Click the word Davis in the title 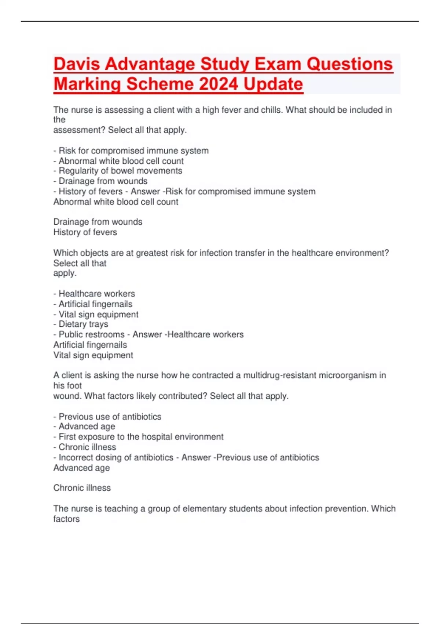point(77,64)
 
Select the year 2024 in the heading point(219,84)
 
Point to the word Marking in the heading point(87,84)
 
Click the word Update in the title point(273,84)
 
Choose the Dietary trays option point(83,324)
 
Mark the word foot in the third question point(75,385)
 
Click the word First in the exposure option point(67,437)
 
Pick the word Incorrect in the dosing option point(76,457)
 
